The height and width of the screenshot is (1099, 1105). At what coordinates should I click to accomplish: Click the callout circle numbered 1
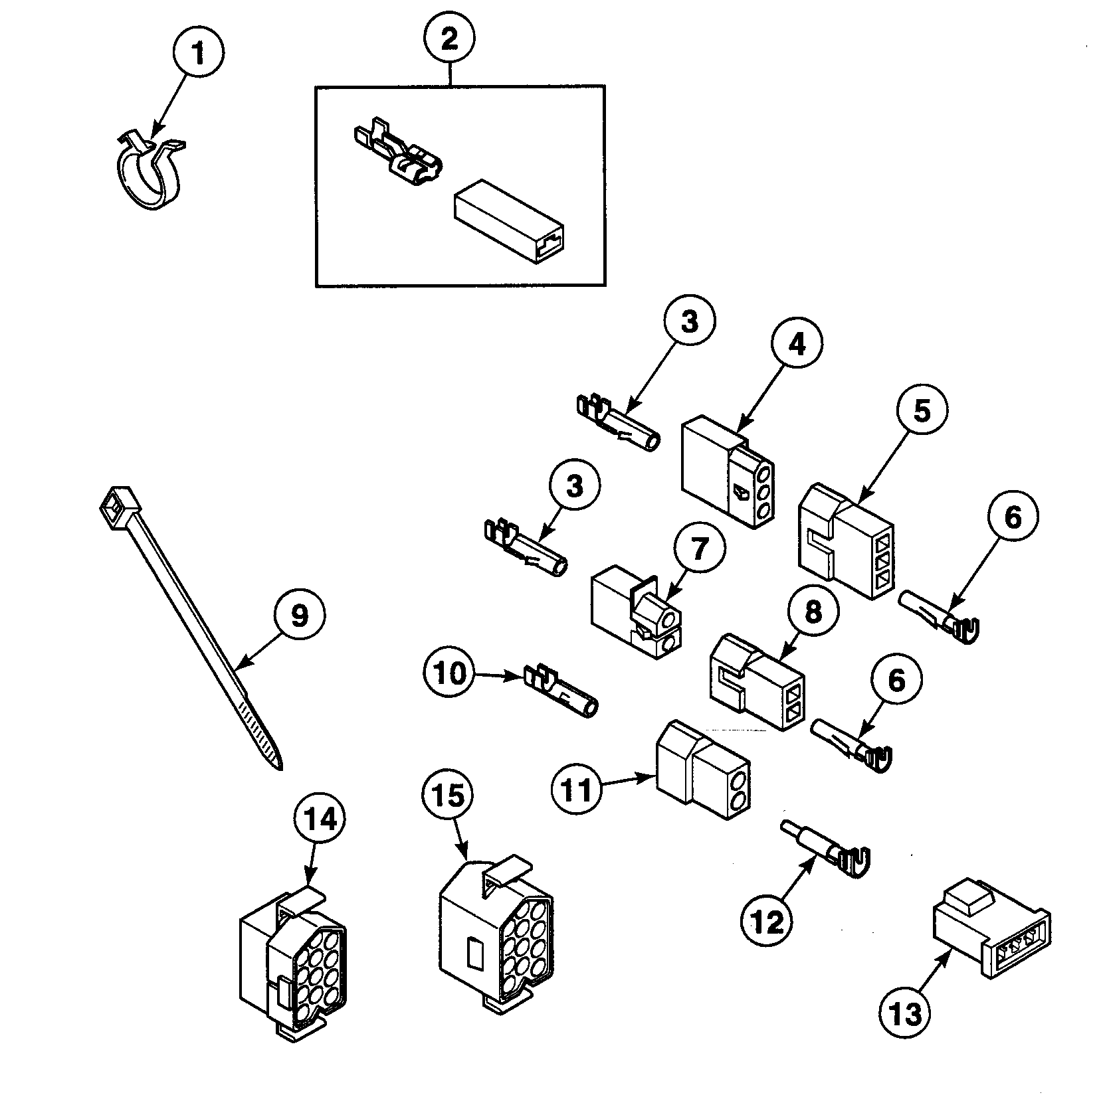tap(198, 52)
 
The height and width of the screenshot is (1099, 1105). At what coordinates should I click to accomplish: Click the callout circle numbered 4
tap(796, 343)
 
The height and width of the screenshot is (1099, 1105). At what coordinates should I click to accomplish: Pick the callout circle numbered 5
tap(922, 410)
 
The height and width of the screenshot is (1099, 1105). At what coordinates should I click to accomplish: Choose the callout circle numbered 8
tap(813, 612)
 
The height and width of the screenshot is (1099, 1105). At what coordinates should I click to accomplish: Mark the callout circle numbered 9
tap(300, 616)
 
